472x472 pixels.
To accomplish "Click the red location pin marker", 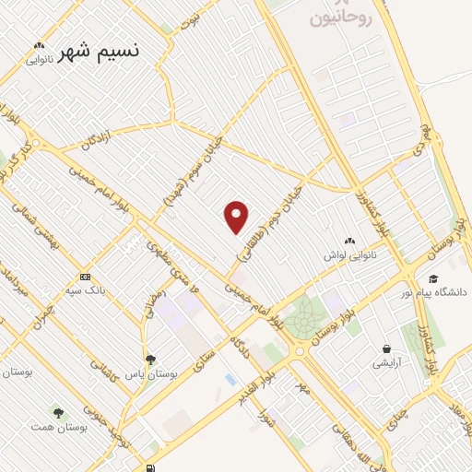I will tap(237, 217).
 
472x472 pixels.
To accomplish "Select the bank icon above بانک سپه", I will tap(85, 277).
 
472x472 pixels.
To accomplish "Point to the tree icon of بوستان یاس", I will tap(149, 360).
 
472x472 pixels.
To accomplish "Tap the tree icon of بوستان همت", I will tap(59, 414).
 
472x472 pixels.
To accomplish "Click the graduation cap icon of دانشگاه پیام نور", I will tap(432, 278).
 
